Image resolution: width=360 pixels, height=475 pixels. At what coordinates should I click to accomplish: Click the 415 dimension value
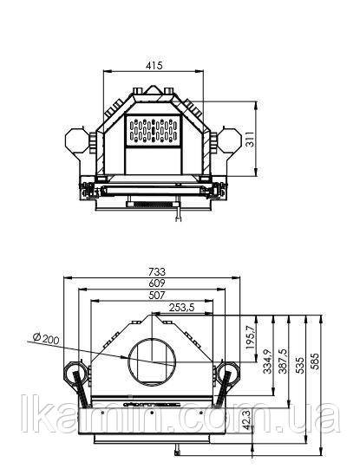click(x=154, y=65)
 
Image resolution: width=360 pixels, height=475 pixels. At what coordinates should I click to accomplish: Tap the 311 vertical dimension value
click(x=250, y=139)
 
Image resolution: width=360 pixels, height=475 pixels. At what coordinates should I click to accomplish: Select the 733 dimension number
click(x=157, y=271)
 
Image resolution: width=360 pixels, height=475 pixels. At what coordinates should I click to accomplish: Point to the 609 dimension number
click(x=157, y=283)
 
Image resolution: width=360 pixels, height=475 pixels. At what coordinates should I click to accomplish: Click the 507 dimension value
click(x=157, y=295)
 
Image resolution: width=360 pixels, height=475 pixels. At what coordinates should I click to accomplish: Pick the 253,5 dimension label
click(x=181, y=308)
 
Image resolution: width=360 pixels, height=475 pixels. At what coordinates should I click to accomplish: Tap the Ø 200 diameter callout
click(x=46, y=338)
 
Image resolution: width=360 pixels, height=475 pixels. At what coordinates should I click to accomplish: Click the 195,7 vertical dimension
click(x=250, y=337)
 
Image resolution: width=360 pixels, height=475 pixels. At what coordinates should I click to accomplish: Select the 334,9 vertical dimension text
click(x=267, y=361)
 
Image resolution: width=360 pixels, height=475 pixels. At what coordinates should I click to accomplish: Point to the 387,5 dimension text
click(x=282, y=361)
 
